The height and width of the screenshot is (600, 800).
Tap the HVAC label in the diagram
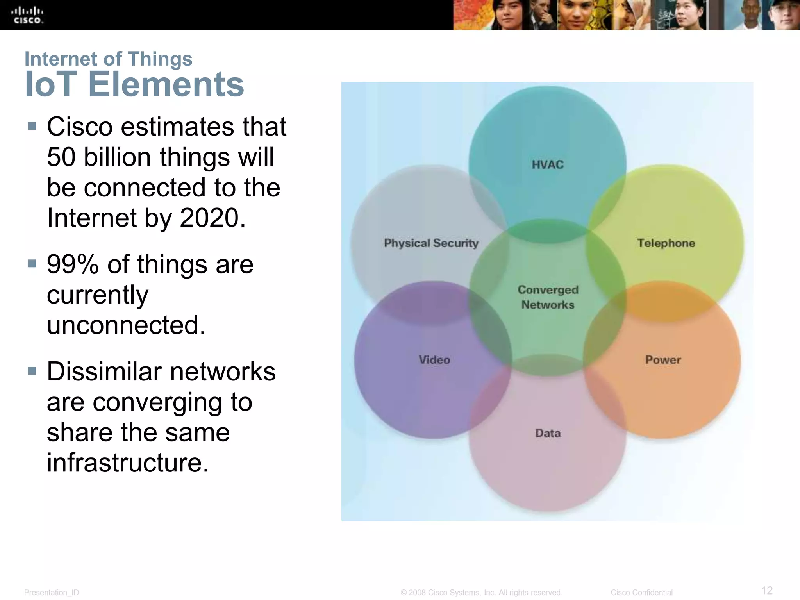pos(548,164)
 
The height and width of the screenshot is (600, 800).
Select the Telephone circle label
pos(666,243)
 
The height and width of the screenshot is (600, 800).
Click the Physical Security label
pos(431,243)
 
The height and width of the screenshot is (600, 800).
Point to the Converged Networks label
pos(548,297)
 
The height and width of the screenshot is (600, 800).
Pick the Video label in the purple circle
pos(434,359)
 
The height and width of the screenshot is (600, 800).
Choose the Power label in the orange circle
pos(663,359)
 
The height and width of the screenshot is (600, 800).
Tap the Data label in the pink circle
pos(548,433)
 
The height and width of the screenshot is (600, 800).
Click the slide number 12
pos(767,590)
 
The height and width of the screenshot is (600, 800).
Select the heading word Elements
pos(166,84)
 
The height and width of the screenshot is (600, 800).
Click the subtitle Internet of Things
pos(108,59)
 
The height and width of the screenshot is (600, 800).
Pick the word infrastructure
pos(128,462)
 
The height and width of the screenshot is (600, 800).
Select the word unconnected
pos(126,325)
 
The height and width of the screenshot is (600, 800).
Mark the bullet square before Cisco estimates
pos(32,126)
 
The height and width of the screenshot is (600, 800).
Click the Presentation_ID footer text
pos(52,593)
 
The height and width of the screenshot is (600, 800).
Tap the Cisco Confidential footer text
pos(641,593)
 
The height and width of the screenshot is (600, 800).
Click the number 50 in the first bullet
pos(61,157)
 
